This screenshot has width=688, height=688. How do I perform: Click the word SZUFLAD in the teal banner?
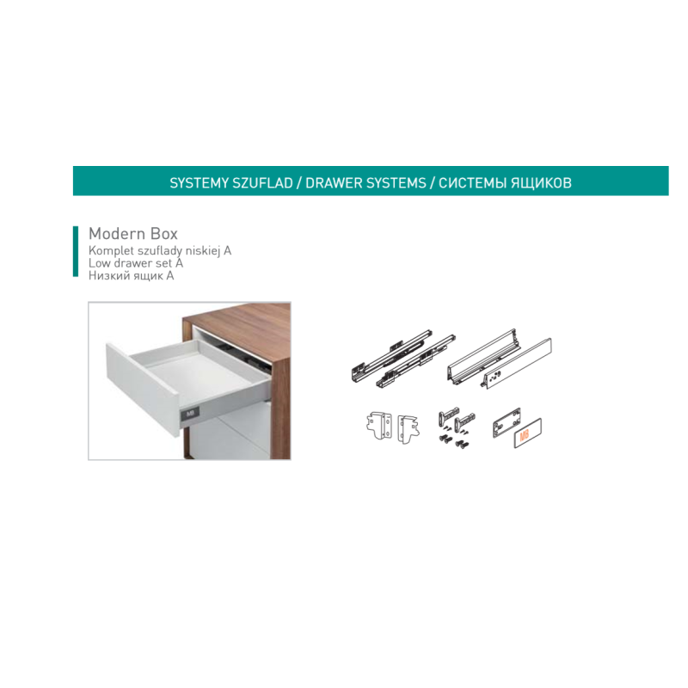(262, 183)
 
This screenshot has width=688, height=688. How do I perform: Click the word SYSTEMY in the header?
(199, 183)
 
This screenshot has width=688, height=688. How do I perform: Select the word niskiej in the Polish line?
(203, 250)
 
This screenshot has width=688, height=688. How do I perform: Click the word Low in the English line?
(97, 263)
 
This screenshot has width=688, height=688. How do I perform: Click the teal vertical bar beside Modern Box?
(76, 251)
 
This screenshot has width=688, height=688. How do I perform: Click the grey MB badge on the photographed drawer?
(189, 414)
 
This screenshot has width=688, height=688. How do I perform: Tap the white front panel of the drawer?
(143, 389)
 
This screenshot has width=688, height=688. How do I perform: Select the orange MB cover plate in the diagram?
(527, 433)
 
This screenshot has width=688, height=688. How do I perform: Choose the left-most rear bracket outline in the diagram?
(378, 425)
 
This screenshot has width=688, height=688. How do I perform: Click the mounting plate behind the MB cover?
(506, 422)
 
